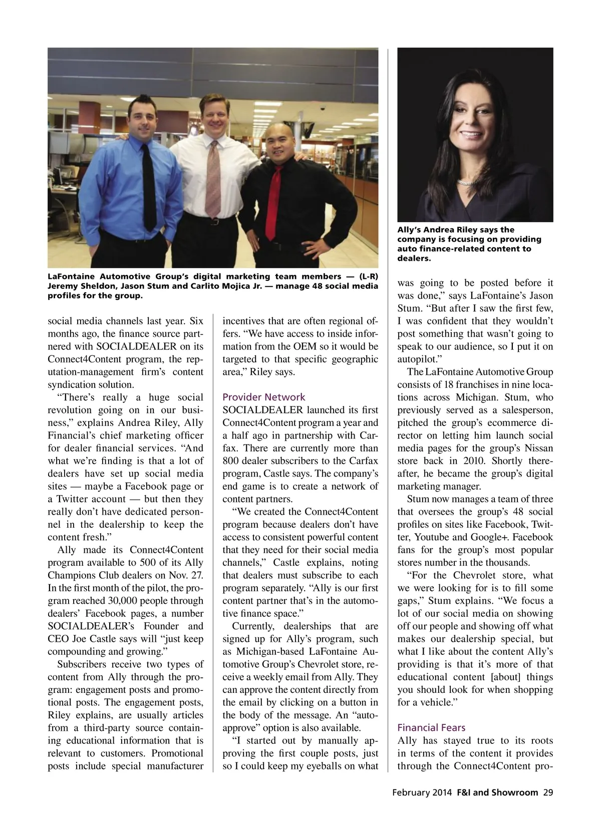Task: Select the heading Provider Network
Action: click(x=263, y=397)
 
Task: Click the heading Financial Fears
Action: click(x=431, y=727)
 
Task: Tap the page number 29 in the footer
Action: click(x=548, y=792)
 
